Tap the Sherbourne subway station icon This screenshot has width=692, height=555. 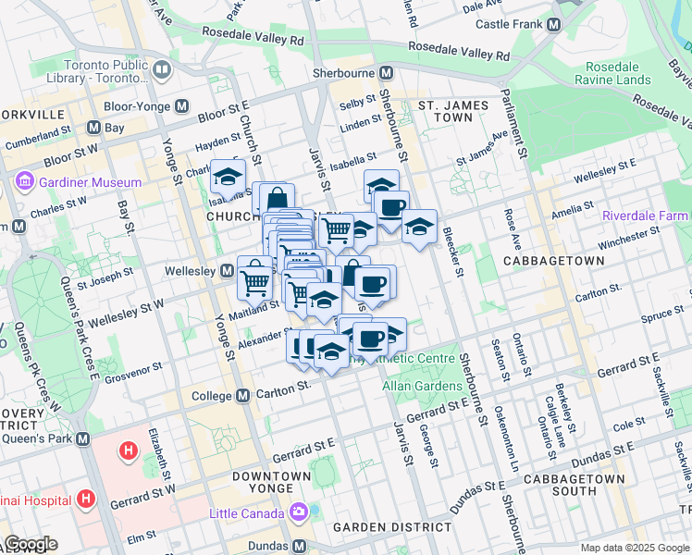[x=387, y=72]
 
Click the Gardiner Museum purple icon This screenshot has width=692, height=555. [x=24, y=182]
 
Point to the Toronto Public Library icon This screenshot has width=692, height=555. [x=163, y=70]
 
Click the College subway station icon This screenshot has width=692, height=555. [x=243, y=395]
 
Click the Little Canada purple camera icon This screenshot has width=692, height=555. [x=299, y=512]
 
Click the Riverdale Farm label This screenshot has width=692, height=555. [x=646, y=216]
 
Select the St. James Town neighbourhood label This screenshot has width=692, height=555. [x=452, y=112]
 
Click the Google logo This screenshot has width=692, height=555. [x=31, y=544]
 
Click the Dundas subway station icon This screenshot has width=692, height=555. [x=299, y=546]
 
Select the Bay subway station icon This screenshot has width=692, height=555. [x=93, y=128]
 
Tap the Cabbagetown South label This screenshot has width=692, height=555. [x=574, y=486]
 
